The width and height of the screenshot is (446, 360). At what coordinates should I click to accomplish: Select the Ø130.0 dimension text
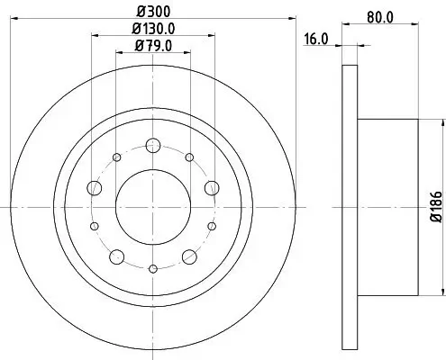coord(152,30)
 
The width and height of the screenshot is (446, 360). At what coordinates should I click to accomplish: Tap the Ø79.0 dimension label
coord(152,46)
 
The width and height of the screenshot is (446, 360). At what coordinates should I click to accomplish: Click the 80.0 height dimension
coord(378,14)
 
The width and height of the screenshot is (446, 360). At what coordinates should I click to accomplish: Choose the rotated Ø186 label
coord(433,206)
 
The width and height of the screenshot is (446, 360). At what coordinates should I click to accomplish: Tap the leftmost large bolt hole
coord(94,187)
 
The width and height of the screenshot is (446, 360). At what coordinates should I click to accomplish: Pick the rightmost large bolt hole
coord(211,187)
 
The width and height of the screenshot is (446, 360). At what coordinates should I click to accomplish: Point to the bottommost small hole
coord(152,267)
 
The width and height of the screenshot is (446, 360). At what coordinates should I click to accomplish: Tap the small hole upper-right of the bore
coord(188,157)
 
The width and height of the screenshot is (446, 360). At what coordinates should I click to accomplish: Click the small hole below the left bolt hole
coord(94,226)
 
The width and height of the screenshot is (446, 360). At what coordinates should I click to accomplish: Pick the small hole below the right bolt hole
coord(211,226)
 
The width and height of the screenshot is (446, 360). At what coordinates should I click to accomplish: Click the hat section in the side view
coord(387,207)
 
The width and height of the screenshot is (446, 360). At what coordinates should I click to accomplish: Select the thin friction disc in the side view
coord(350,207)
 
